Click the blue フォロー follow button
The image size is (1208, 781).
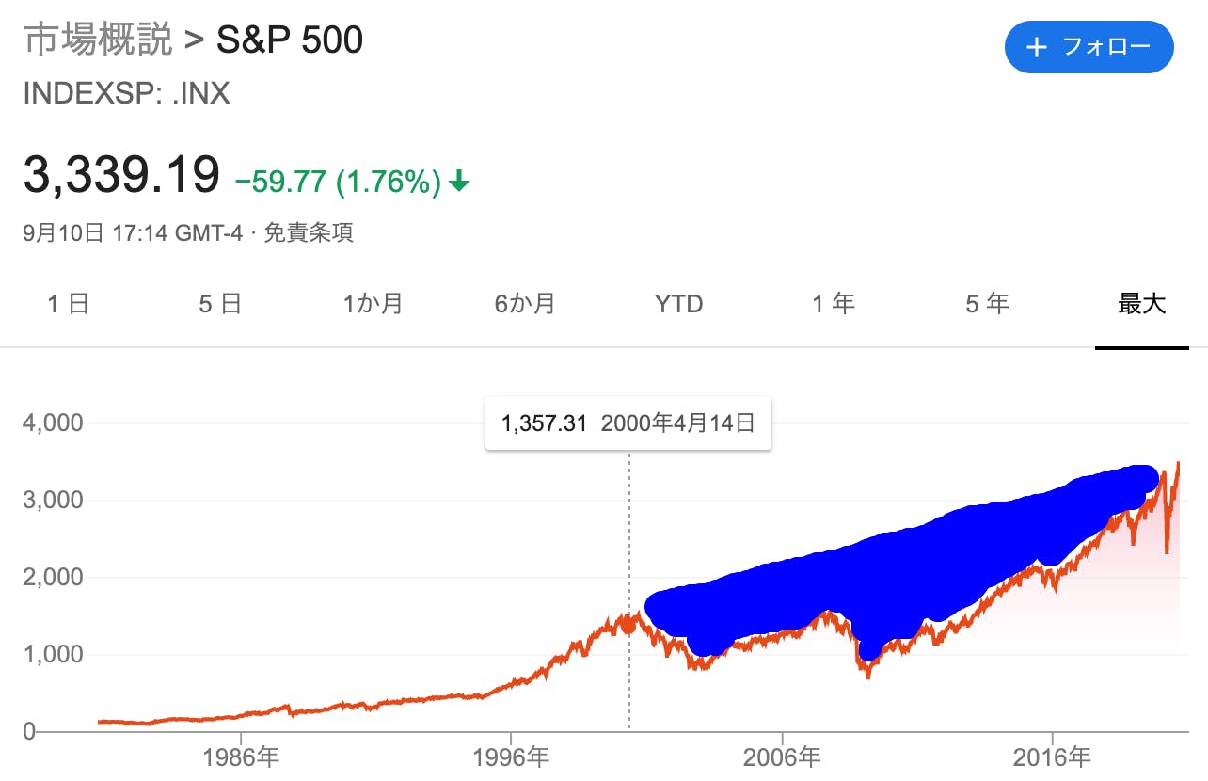point(1089,47)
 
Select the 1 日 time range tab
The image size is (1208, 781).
point(68,304)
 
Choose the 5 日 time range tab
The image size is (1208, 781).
point(220,304)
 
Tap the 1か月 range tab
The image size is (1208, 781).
point(374,304)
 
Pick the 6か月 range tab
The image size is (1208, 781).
point(525,304)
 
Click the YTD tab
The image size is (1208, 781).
point(678,304)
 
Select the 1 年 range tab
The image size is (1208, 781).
point(834,304)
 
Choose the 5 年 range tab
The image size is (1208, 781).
point(987,304)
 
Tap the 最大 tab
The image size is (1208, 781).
point(1141,304)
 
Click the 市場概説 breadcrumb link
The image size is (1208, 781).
point(98,41)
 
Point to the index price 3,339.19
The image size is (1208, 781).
point(121,176)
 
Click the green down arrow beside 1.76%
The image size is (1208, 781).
point(459,182)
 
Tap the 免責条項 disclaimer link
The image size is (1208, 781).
point(308,233)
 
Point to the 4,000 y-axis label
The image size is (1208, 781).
point(53,423)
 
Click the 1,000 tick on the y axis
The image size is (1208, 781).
point(53,655)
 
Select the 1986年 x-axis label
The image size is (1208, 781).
point(241,757)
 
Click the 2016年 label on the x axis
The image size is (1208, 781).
point(1052,757)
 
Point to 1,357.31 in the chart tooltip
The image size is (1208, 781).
point(544,424)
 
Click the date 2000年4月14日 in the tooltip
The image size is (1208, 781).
point(677,424)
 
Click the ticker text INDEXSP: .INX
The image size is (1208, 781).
point(126,94)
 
